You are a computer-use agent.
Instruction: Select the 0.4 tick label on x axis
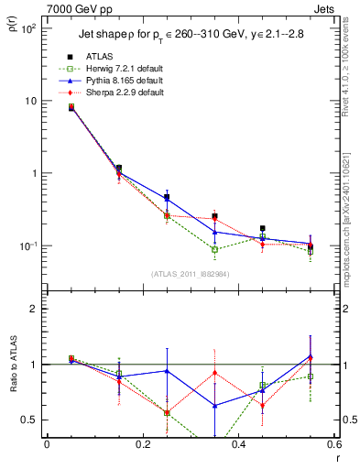coord(238,445)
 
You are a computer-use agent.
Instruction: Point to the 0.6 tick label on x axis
coord(333,445)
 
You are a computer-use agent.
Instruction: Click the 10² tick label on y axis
coord(29,28)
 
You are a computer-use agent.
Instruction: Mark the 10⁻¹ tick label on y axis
coord(29,246)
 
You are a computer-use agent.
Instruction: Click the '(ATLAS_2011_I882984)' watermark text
coord(190,273)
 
